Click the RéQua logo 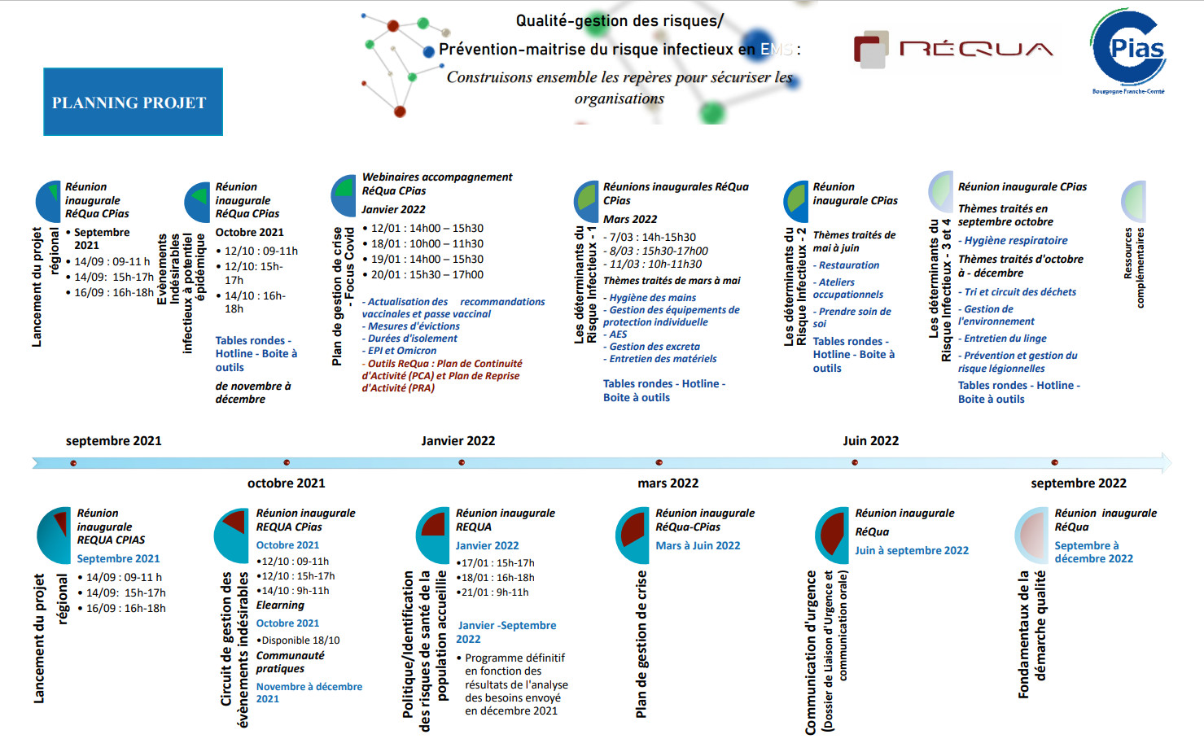[952, 49]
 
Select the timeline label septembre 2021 [113, 441]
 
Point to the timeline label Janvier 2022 [458, 441]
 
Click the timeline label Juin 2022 [870, 441]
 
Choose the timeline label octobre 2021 [286, 483]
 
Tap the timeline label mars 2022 [668, 483]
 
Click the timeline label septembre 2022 [1078, 483]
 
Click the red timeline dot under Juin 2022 [855, 462]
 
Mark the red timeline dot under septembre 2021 [73, 463]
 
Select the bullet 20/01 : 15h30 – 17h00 [427, 275]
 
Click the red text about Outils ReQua [442, 376]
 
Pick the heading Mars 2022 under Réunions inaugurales [629, 219]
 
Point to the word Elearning [280, 606]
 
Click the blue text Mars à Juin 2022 [698, 546]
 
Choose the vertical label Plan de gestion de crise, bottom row [641, 644]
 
